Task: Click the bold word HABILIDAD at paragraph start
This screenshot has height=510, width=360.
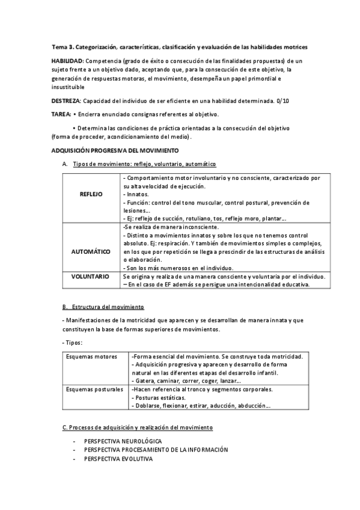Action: (x=68, y=61)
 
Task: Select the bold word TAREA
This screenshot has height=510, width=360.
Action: (x=61, y=114)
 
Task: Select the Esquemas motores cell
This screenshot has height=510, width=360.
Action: (x=91, y=357)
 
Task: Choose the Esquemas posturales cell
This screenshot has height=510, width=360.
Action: (x=94, y=390)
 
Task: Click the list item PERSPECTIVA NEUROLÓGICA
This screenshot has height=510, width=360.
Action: (x=123, y=441)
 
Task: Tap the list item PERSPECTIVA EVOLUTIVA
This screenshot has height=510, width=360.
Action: (x=118, y=459)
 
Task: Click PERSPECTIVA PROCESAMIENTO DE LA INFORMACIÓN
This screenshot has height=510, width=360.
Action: (x=156, y=450)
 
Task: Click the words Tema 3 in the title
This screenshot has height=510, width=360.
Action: (x=61, y=46)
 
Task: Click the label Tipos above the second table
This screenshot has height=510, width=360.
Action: (x=72, y=342)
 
